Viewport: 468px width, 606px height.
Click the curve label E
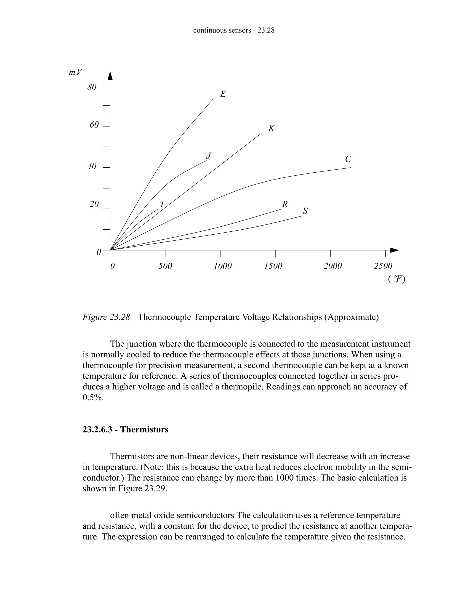click(223, 94)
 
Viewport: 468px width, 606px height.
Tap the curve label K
click(271, 129)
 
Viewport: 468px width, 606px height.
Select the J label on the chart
click(209, 156)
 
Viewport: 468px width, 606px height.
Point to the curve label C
click(348, 159)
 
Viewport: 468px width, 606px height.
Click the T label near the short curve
click(162, 204)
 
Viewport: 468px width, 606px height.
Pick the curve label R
click(285, 204)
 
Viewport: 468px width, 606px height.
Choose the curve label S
click(305, 211)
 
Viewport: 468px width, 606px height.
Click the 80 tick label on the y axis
click(92, 87)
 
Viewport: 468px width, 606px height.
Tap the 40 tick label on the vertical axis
click(92, 166)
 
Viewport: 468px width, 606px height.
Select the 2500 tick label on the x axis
click(383, 266)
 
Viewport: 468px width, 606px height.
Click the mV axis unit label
click(75, 72)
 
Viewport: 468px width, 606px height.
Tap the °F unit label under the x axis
click(397, 279)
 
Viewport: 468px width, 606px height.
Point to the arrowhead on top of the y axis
click(110, 76)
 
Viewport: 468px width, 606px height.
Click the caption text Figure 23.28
click(106, 317)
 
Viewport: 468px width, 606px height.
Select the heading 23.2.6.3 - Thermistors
click(125, 429)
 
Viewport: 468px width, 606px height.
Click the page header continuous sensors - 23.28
click(234, 30)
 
